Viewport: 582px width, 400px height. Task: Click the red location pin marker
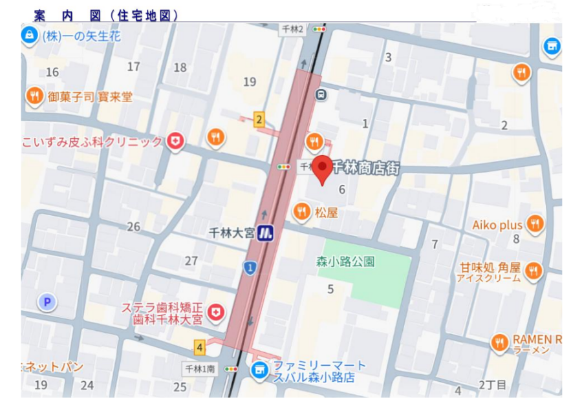(x=323, y=168)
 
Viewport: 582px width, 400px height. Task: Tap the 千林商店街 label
(x=365, y=169)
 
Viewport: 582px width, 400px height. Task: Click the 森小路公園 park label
(x=345, y=262)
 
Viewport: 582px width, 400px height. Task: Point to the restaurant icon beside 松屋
(x=301, y=211)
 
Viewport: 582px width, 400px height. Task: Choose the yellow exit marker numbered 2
(x=259, y=120)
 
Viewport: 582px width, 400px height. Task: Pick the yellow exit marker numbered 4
(x=200, y=347)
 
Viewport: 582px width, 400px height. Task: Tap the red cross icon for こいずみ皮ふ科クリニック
(x=175, y=142)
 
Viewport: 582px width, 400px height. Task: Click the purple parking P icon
(x=47, y=301)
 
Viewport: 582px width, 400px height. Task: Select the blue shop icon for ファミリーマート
(x=259, y=370)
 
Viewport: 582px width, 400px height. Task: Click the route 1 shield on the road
(x=250, y=267)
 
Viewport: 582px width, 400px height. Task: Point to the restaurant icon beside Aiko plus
(x=535, y=224)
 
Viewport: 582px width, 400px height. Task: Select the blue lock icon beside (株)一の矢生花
(x=29, y=36)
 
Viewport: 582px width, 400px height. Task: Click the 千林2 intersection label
(x=292, y=29)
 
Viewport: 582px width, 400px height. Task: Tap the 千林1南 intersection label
(x=199, y=368)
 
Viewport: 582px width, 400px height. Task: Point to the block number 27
(x=191, y=261)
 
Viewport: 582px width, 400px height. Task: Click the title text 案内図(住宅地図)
(x=106, y=15)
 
